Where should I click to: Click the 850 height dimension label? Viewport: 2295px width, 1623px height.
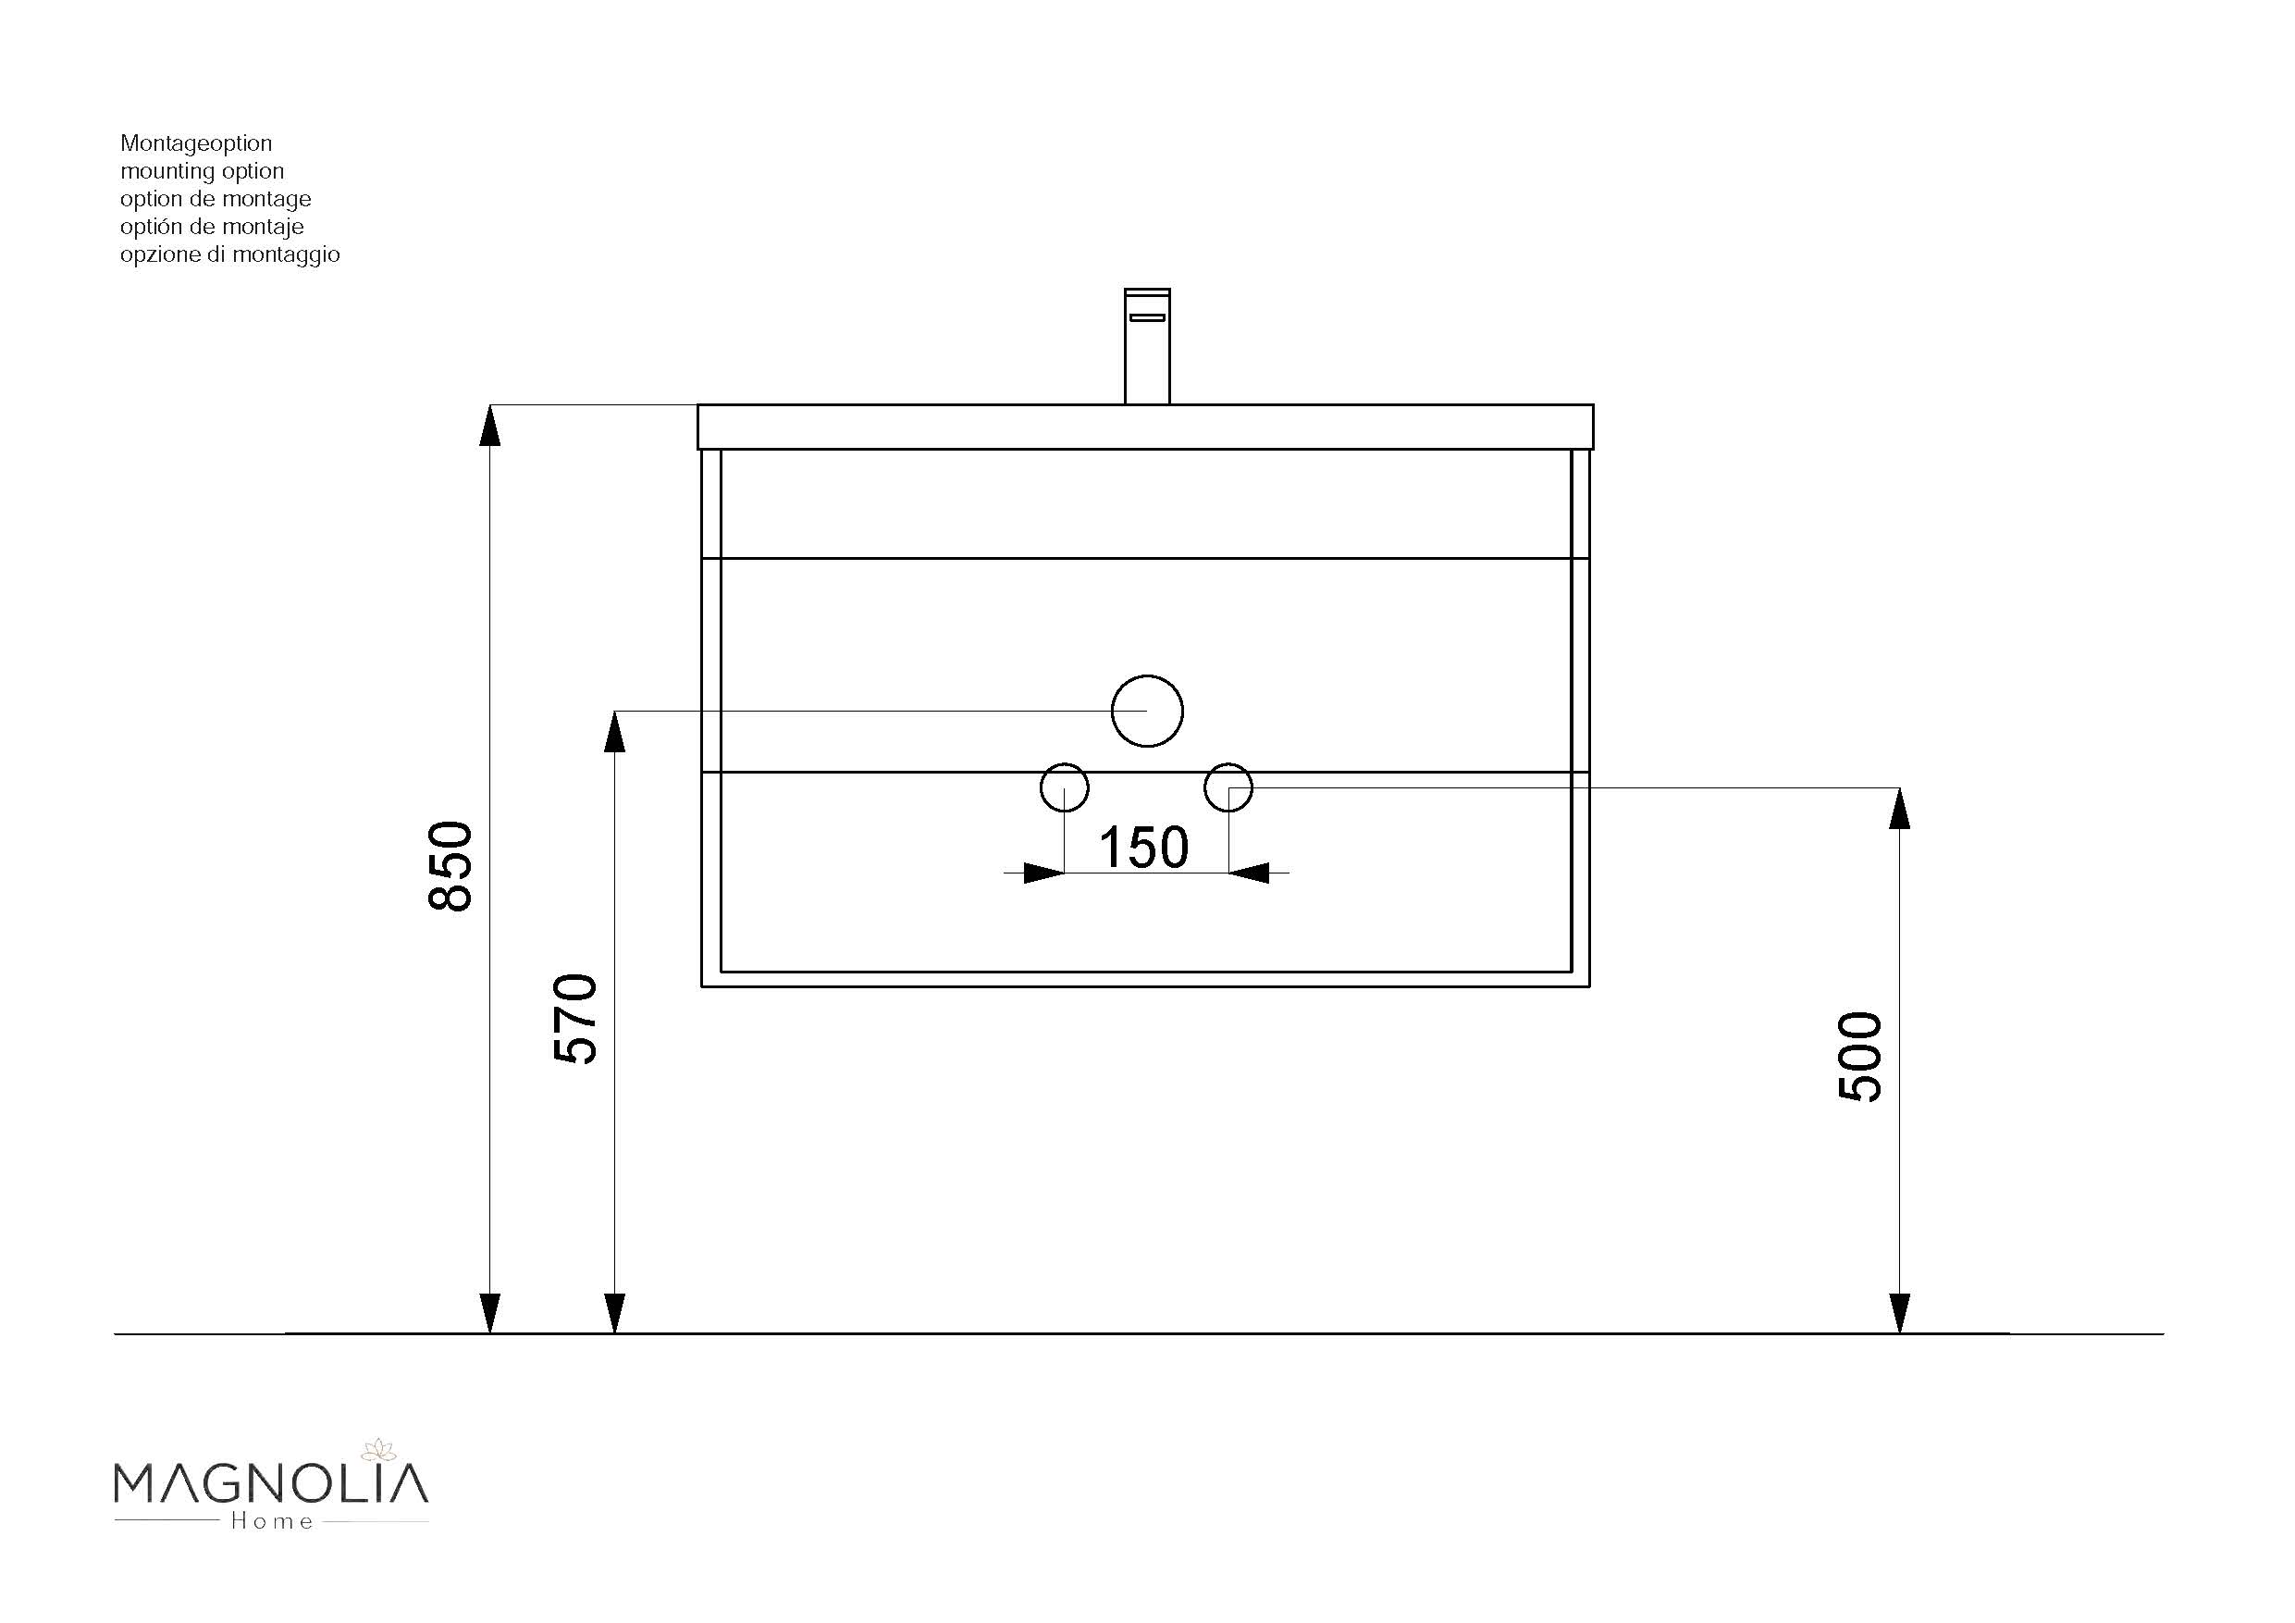450,866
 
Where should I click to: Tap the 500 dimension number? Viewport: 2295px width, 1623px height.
1860,1057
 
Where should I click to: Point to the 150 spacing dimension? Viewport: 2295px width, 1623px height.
1143,848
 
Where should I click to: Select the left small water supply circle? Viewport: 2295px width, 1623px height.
1064,765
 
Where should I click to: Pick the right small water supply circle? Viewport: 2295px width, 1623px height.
1228,765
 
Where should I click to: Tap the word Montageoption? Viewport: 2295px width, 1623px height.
196,144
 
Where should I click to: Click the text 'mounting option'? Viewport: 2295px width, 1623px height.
202,171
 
